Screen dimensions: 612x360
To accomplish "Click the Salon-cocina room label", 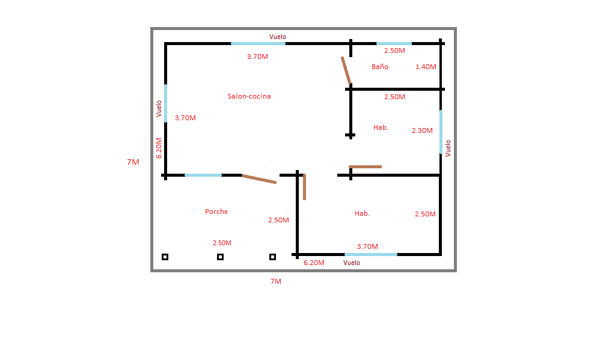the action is (x=249, y=96).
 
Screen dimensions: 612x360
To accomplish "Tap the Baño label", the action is (x=380, y=67).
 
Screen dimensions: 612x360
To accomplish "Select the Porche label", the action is (x=216, y=212).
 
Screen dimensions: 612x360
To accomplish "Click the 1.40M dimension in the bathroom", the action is (x=426, y=67).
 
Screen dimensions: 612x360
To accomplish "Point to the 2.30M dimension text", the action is (x=422, y=130).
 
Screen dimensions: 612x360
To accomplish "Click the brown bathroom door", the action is (x=346, y=70).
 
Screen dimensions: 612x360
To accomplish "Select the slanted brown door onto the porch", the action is (x=259, y=179).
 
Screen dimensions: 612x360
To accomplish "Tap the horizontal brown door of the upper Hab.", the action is (x=366, y=166).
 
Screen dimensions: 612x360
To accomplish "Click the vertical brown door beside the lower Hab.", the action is (x=304, y=187).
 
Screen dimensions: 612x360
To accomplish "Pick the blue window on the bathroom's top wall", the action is (x=394, y=44).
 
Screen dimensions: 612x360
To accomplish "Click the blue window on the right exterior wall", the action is (x=441, y=132).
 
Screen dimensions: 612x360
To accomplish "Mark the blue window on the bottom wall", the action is (x=371, y=254).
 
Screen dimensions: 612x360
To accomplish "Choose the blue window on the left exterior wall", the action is (x=165, y=103).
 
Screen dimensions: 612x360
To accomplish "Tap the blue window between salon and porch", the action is (x=203, y=175).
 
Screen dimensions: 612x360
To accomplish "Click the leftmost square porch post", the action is (x=165, y=257).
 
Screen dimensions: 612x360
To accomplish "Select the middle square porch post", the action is (x=220, y=257).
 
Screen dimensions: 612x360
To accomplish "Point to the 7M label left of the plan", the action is (x=133, y=162).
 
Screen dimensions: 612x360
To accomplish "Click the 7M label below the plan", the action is (x=276, y=281).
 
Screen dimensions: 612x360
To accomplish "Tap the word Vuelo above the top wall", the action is (x=278, y=37).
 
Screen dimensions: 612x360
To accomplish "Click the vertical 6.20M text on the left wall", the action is (x=159, y=148).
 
